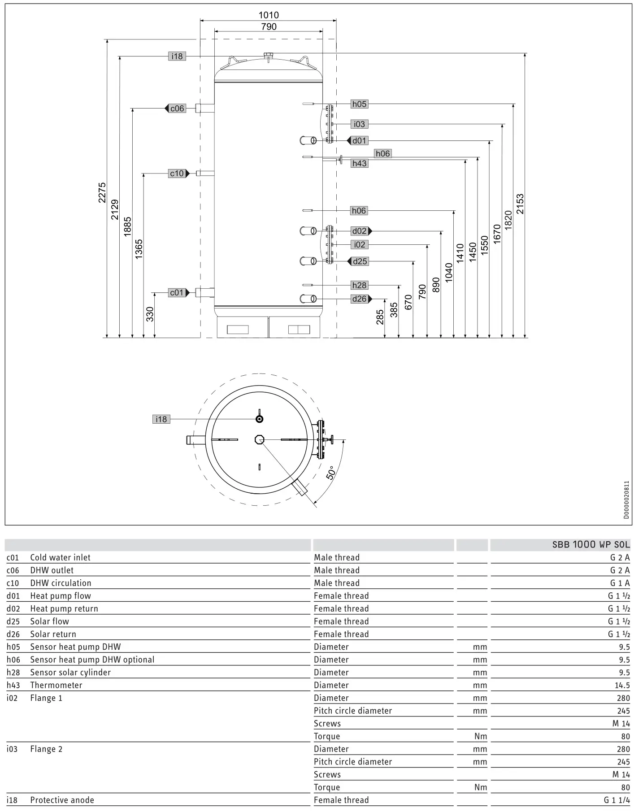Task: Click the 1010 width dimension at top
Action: click(269, 15)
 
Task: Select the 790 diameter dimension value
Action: click(269, 27)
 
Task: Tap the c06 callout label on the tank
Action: click(177, 109)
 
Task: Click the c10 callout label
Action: click(177, 174)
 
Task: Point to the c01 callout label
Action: click(177, 293)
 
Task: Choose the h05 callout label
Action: click(359, 104)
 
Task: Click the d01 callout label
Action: click(359, 141)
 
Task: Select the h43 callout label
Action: click(359, 164)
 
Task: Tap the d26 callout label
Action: click(359, 299)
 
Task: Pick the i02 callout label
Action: click(359, 245)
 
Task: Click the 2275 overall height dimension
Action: click(102, 192)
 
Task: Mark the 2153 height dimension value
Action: click(520, 204)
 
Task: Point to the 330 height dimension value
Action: click(150, 314)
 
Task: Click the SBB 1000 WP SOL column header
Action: click(591, 545)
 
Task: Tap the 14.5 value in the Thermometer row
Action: click(622, 685)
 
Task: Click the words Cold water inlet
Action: click(60, 557)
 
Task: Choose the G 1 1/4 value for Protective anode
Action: click(617, 800)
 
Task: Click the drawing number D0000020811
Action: click(626, 500)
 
